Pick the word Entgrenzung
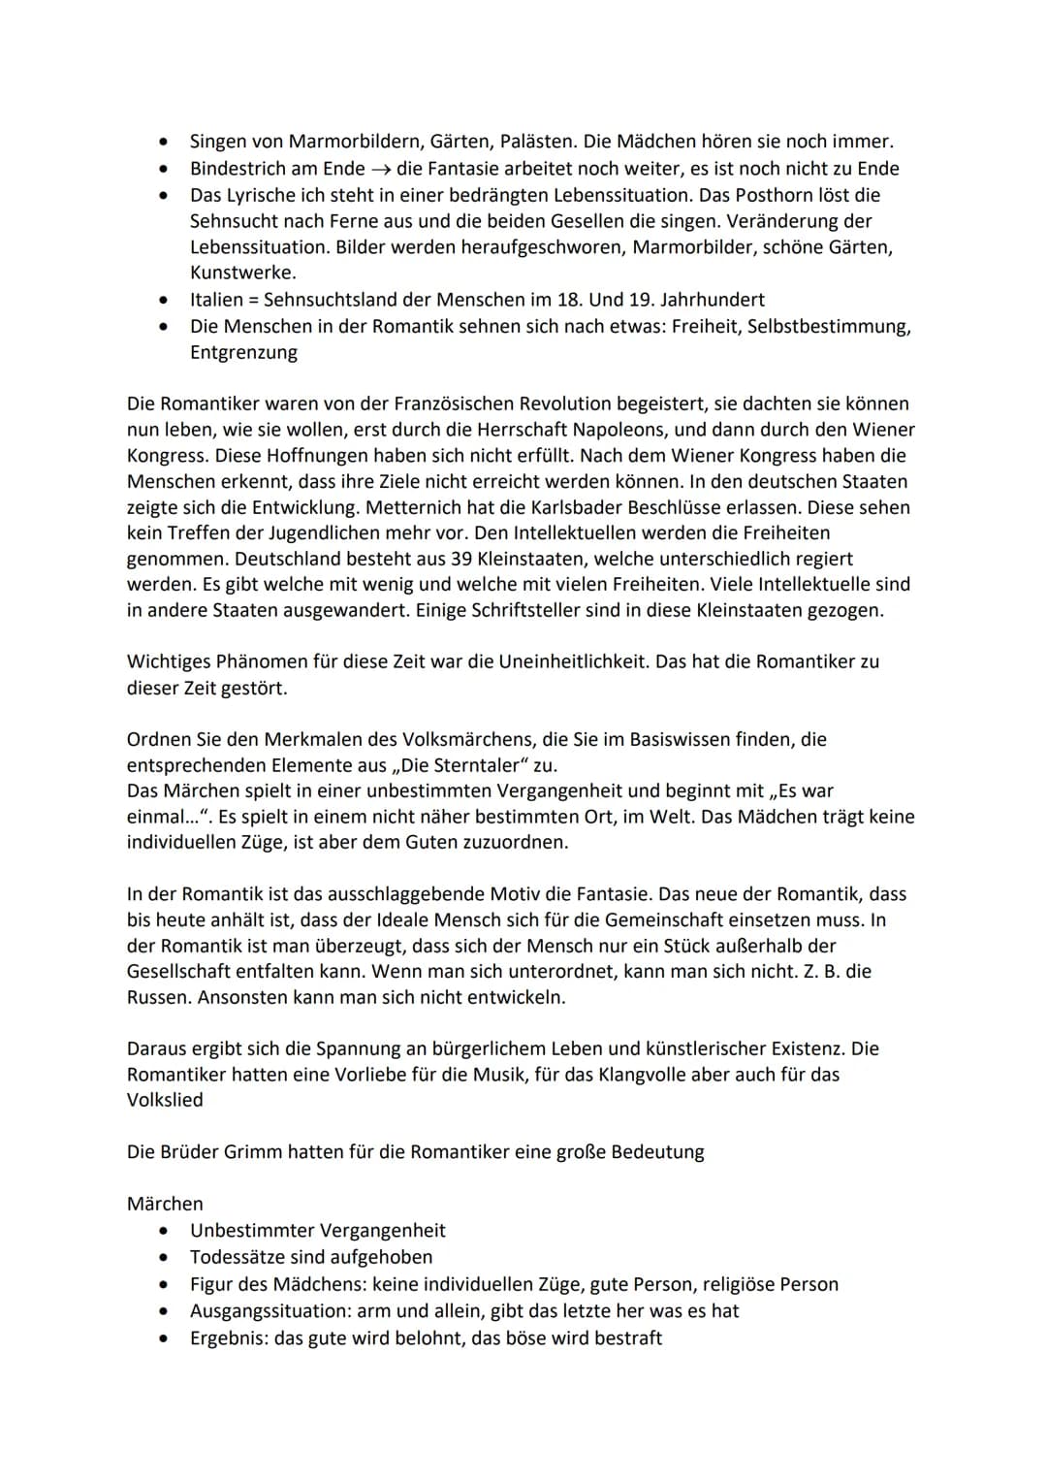[243, 353]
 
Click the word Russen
[158, 997]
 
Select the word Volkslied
[165, 1100]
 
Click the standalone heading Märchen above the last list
[165, 1204]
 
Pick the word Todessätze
[238, 1257]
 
